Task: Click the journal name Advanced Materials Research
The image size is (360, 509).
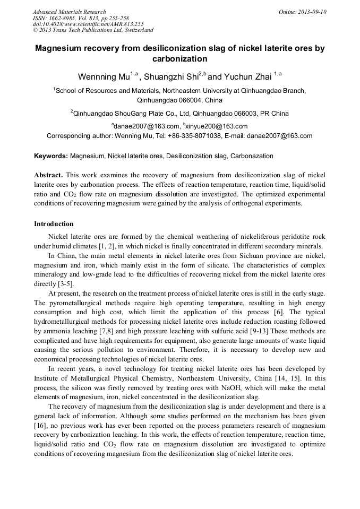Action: pyautogui.click(x=69, y=12)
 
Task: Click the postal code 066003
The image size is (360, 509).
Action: pyautogui.click(x=243, y=113)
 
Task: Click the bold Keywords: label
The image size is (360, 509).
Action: pyautogui.click(x=51, y=157)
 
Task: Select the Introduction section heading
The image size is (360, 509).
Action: pyautogui.click(x=54, y=224)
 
